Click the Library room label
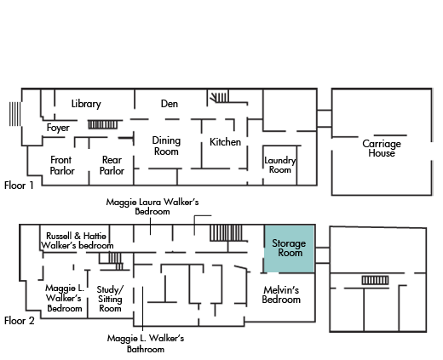[x=86, y=104]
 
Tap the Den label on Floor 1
[x=170, y=104]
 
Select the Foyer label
[x=58, y=128]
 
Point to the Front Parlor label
[x=62, y=165]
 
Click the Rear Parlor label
[x=112, y=165]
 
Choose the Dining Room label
[x=166, y=146]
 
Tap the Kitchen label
[x=225, y=142]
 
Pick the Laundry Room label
[x=280, y=165]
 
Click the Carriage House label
[x=382, y=148]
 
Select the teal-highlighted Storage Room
[x=290, y=249]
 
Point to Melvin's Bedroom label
[x=281, y=294]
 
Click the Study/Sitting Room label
[x=110, y=299]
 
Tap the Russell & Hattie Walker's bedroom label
[x=78, y=241]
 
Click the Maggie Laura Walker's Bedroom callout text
[x=152, y=207]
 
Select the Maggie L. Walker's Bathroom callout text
[x=146, y=343]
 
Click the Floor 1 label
[x=19, y=186]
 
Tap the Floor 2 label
[x=20, y=321]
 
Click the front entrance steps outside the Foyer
[x=15, y=114]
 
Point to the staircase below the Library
[x=103, y=124]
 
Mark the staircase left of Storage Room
[x=226, y=233]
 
